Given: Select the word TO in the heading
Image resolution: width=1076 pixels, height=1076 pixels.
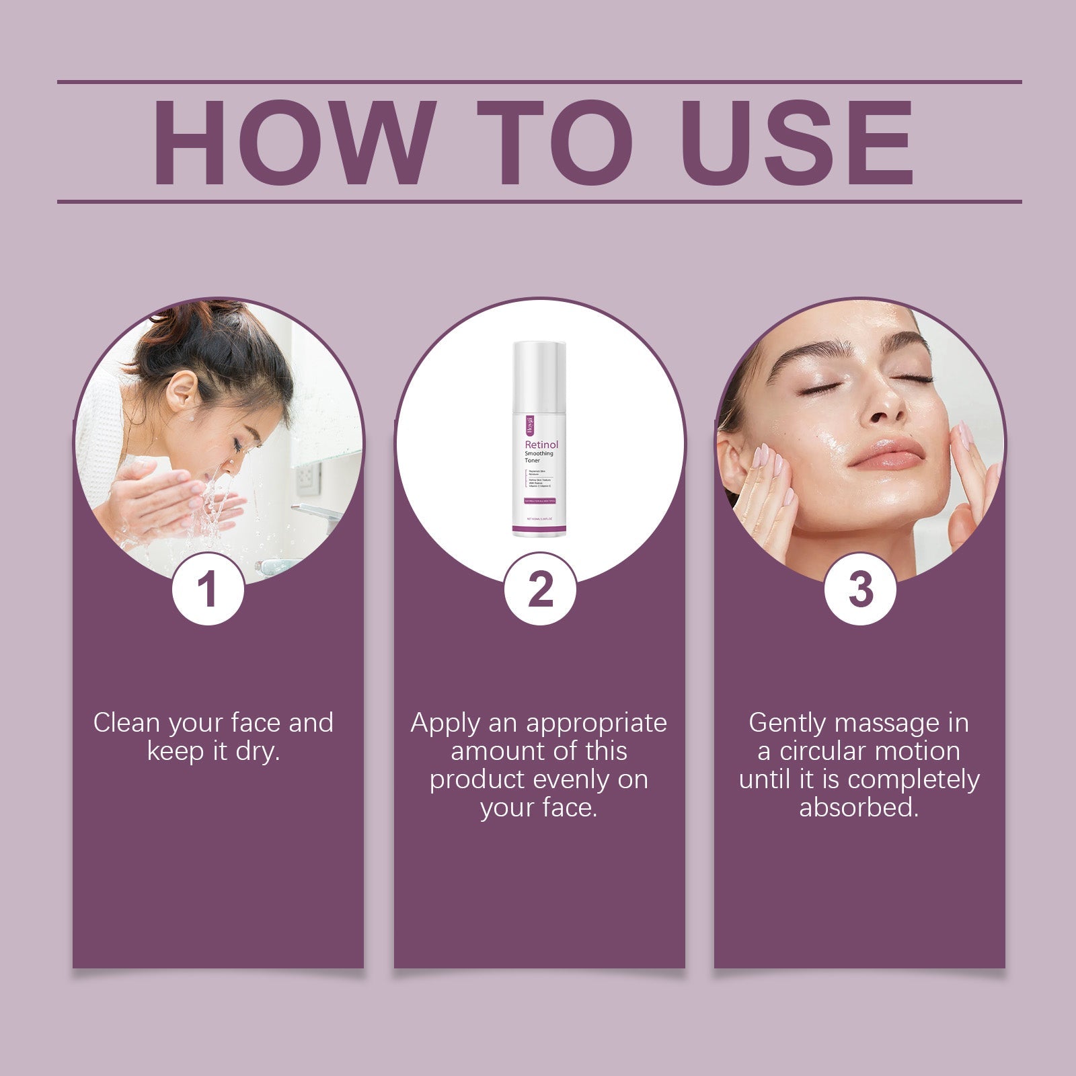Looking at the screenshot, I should (x=555, y=143).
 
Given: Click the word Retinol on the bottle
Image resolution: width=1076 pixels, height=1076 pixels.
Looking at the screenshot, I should (x=541, y=445).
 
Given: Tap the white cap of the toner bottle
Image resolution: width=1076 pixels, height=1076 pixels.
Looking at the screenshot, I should (x=539, y=373).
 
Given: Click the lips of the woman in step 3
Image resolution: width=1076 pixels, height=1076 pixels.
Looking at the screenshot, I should (x=886, y=455).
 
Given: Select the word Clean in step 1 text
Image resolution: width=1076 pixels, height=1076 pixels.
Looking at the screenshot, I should (x=126, y=723).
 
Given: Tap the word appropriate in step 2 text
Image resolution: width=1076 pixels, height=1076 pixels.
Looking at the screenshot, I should (x=597, y=723).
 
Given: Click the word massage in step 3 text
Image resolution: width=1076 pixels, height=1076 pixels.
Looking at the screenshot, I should (x=887, y=723).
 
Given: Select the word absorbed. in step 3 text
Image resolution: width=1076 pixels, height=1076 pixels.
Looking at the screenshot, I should (x=859, y=808).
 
